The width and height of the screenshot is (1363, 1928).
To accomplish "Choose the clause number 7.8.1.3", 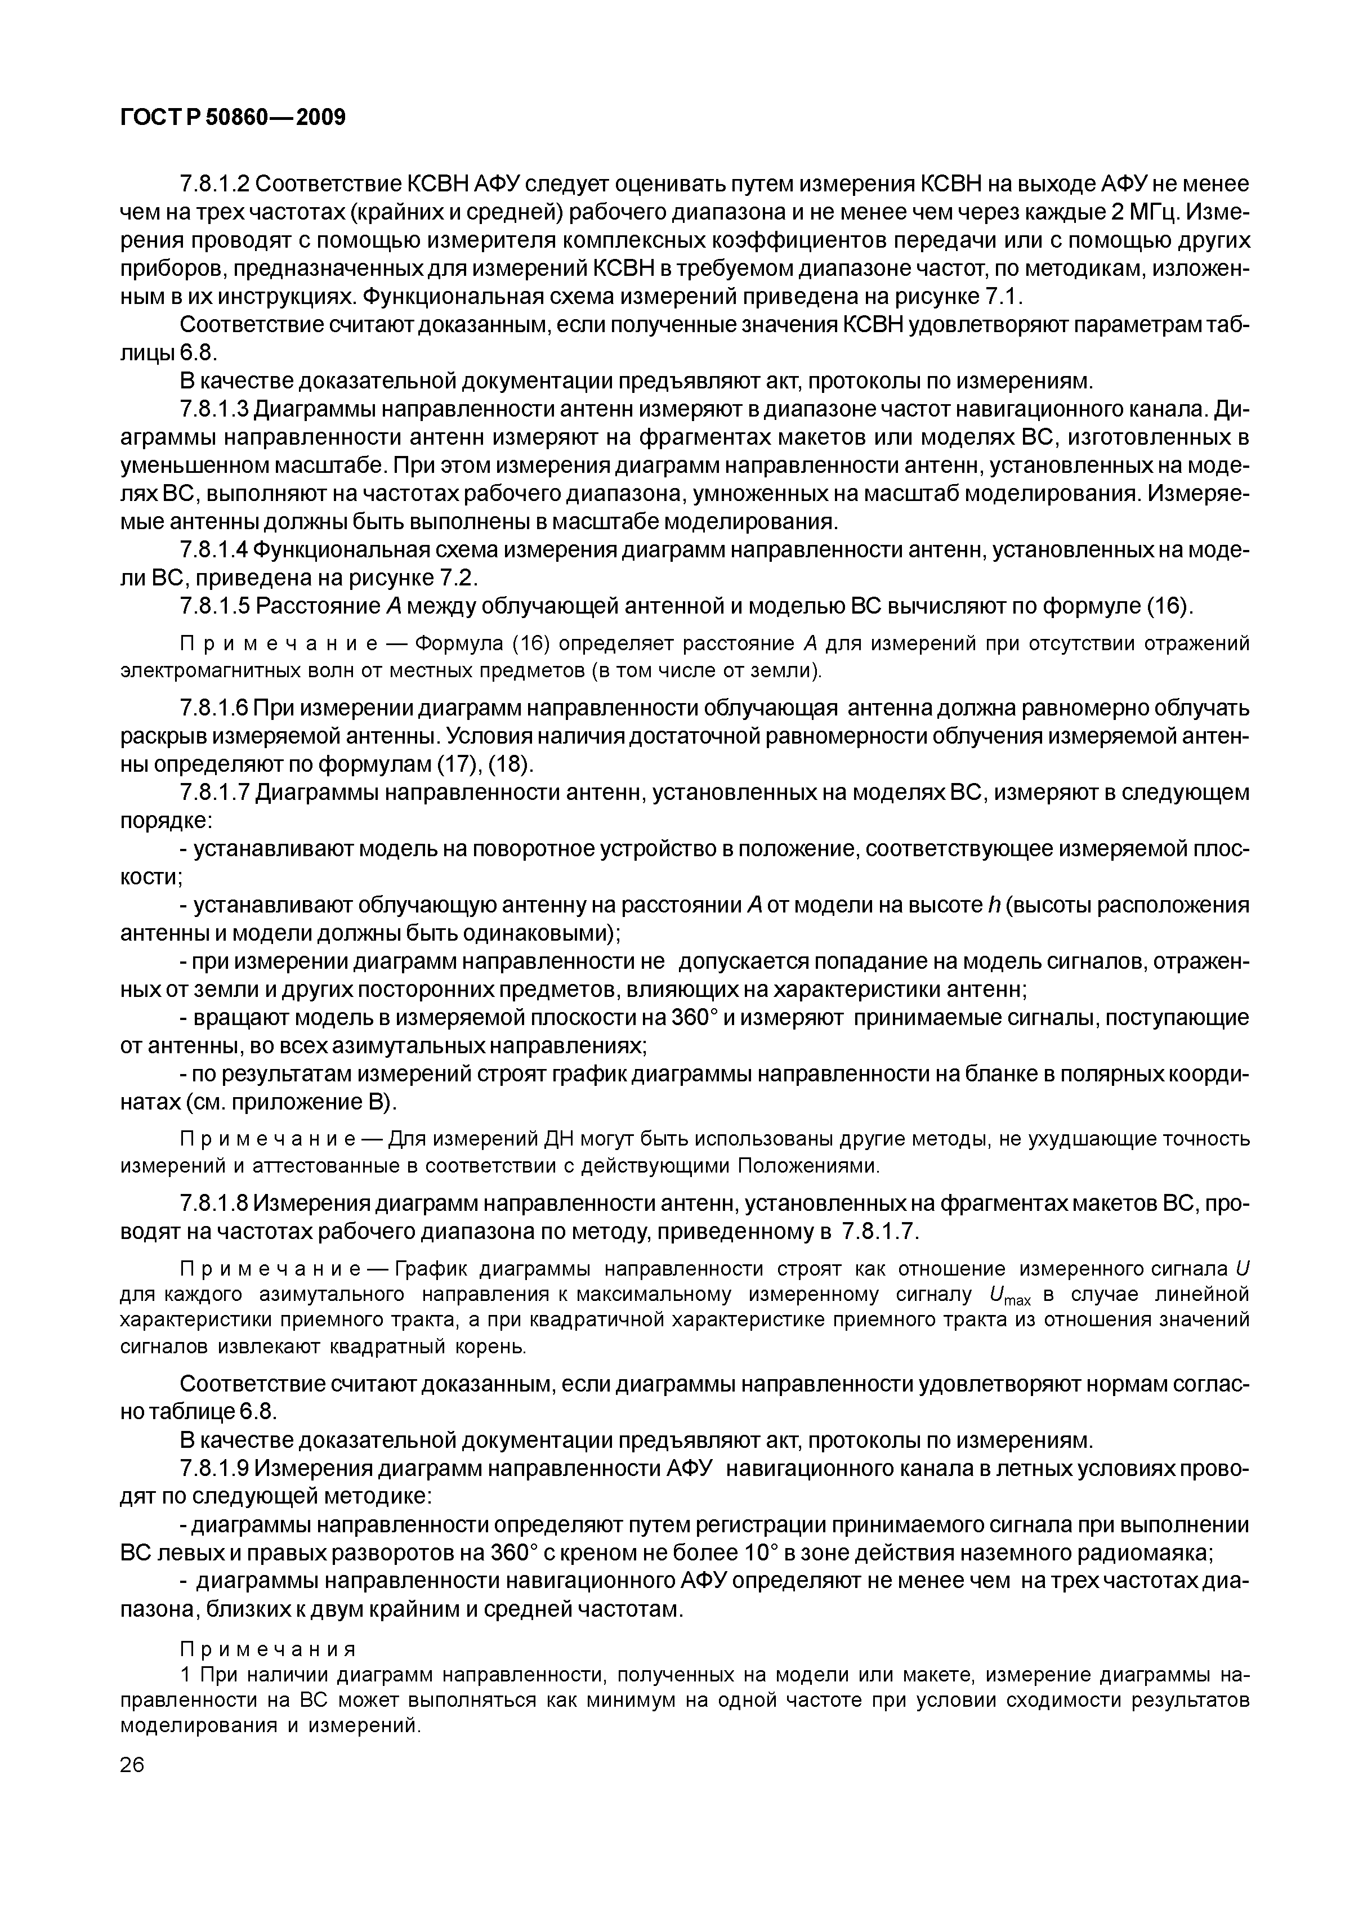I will click(214, 409).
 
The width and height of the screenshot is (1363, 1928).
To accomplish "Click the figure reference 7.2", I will click(458, 578).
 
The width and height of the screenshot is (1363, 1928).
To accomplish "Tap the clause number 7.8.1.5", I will click(214, 606).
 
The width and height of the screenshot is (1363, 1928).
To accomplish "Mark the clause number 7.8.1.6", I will click(214, 708).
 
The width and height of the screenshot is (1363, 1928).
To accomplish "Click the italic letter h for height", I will click(990, 905).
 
